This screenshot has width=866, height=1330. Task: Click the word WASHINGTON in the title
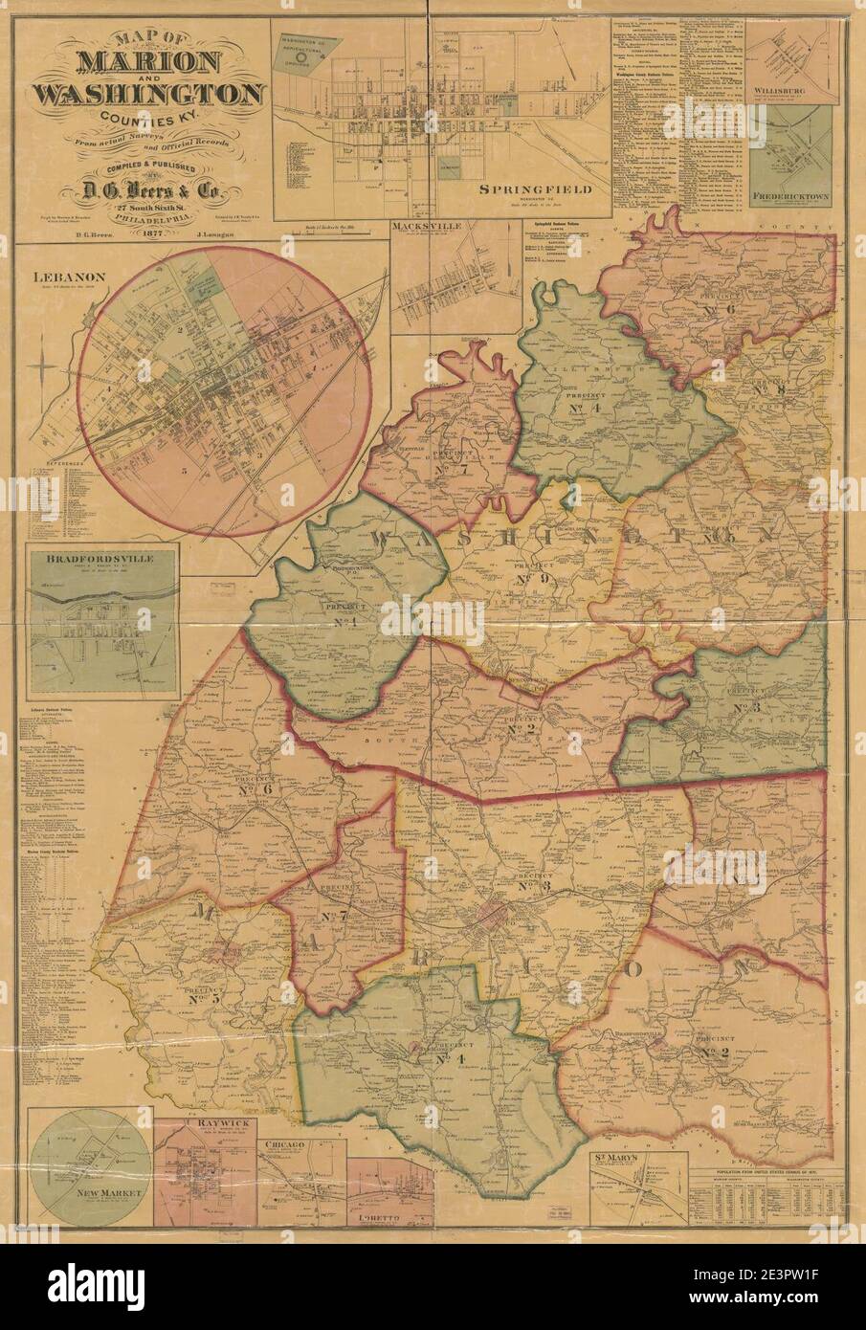pos(148,95)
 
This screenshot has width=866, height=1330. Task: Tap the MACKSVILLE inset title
pos(426,227)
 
